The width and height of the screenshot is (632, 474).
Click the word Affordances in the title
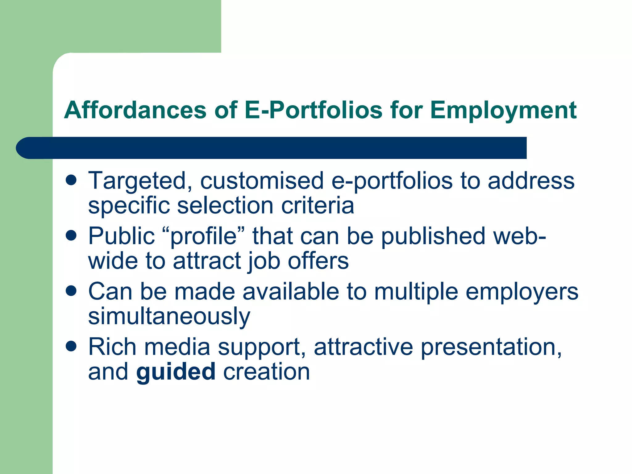[x=135, y=110]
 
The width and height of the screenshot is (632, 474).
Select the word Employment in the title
[x=503, y=111]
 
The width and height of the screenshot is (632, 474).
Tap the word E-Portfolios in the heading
[x=314, y=110]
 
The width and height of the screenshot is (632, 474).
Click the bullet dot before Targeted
[x=71, y=180]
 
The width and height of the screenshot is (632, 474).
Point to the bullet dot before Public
[x=71, y=236]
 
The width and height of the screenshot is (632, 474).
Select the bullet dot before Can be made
[x=71, y=291]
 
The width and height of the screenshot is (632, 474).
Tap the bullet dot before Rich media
[x=71, y=346]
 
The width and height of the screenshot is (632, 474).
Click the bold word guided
[x=176, y=372]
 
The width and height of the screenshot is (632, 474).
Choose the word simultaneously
[x=169, y=317]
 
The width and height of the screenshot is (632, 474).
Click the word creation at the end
[x=266, y=372]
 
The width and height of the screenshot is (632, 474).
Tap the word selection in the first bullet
[x=225, y=206]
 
